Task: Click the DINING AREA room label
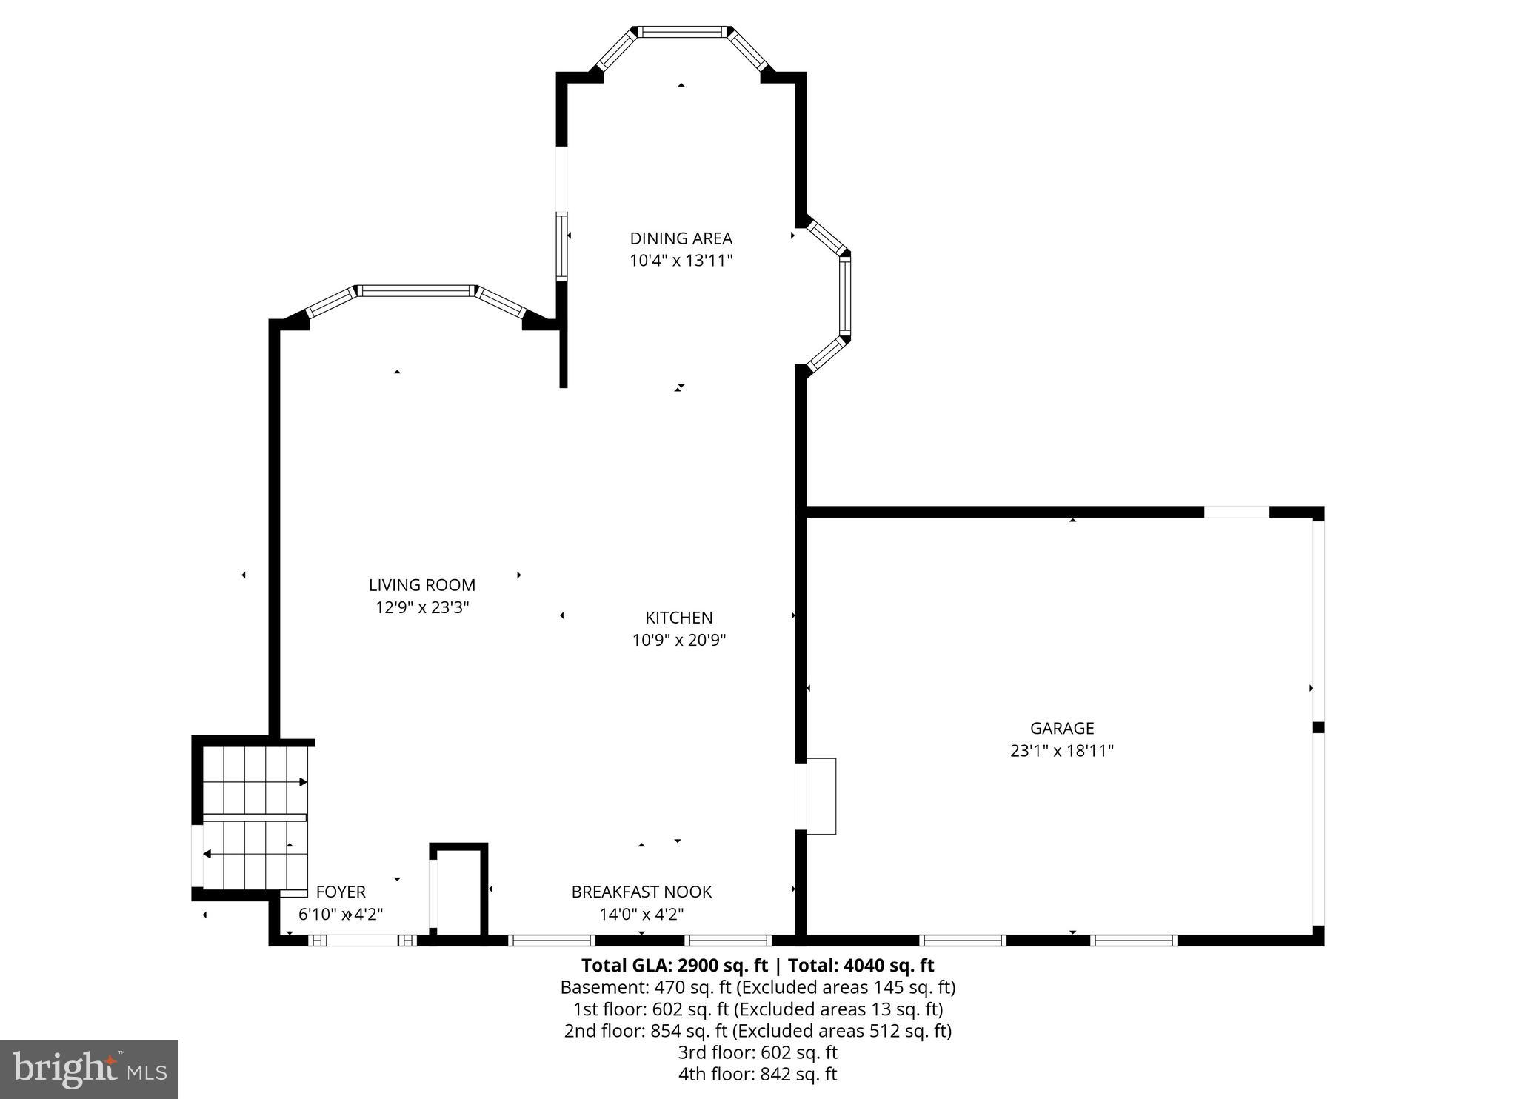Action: tap(681, 238)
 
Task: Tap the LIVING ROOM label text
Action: tap(421, 585)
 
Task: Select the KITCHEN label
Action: tap(678, 618)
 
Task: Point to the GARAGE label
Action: tap(1061, 728)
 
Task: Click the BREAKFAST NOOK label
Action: tap(641, 892)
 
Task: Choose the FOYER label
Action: tap(341, 892)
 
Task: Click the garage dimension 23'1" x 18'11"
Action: tap(1061, 751)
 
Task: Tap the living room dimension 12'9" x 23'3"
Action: tap(421, 607)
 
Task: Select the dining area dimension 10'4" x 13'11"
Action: tap(681, 261)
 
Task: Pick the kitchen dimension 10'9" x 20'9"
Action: tap(678, 640)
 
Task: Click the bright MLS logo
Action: tap(89, 1069)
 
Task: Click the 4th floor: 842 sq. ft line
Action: tap(757, 1074)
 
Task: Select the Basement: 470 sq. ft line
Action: tap(757, 987)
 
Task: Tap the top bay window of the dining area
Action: tap(681, 32)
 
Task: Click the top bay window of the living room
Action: tap(415, 291)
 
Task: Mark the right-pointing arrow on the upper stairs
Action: tap(302, 782)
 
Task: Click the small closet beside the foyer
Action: tap(458, 892)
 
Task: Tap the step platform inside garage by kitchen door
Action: tap(821, 796)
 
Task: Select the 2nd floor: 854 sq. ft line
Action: tap(757, 1031)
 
